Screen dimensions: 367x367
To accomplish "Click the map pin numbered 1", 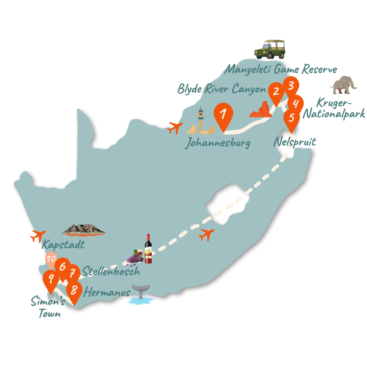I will (x=223, y=115).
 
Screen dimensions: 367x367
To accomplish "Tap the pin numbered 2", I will (x=276, y=91).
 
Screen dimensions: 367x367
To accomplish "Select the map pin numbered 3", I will (x=291, y=86).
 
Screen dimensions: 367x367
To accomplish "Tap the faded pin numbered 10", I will (x=51, y=259).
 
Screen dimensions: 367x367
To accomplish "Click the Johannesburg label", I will (x=218, y=143).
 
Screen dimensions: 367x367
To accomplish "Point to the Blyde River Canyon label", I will (x=221, y=88).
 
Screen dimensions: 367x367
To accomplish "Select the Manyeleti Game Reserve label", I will (x=281, y=69).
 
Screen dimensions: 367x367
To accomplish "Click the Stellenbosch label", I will (x=111, y=271).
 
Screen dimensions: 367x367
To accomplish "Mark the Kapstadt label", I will (x=63, y=245).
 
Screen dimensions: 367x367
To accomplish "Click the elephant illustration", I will (x=344, y=84).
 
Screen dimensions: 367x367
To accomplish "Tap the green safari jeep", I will (x=270, y=50).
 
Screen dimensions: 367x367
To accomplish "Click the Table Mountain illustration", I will (x=84, y=230).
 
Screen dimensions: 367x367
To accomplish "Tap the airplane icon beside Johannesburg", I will (x=175, y=128).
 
